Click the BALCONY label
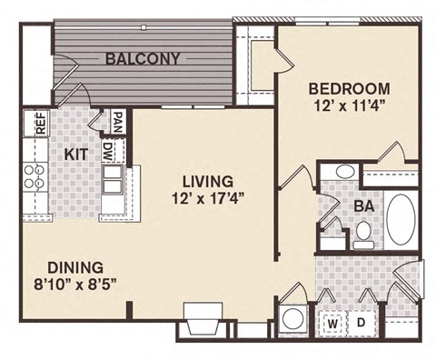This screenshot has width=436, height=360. tap(142, 59)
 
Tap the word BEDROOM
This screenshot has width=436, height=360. tap(349, 89)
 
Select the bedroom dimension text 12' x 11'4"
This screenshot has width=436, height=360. tap(349, 105)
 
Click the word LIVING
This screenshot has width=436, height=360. tap(206, 180)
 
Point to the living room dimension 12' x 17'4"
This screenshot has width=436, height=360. tap(206, 197)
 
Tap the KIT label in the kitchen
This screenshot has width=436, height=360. tap(76, 155)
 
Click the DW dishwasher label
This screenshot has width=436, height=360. tap(108, 150)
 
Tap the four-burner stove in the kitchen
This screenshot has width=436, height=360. tap(35, 176)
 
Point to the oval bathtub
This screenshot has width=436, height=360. tap(401, 218)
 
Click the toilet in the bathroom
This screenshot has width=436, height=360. tap(363, 235)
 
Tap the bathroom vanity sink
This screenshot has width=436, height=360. tap(345, 172)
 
